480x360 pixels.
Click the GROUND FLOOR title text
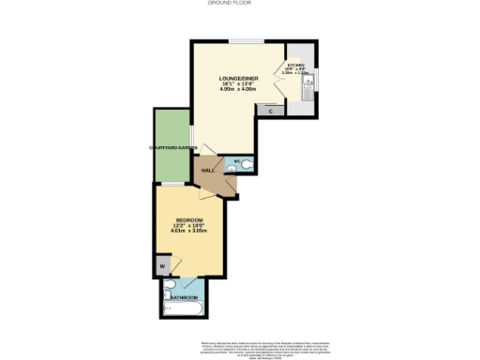pyautogui.click(x=240, y=4)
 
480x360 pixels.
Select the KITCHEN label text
pyautogui.click(x=296, y=67)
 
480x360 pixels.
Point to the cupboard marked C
pyautogui.click(x=271, y=111)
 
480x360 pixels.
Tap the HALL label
pyautogui.click(x=207, y=170)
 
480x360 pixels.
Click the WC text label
pyautogui.click(x=236, y=162)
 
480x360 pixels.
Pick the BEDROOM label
pyautogui.click(x=189, y=219)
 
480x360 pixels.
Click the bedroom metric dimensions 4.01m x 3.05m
pyautogui.click(x=189, y=232)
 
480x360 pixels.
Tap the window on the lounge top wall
pyautogui.click(x=246, y=40)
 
